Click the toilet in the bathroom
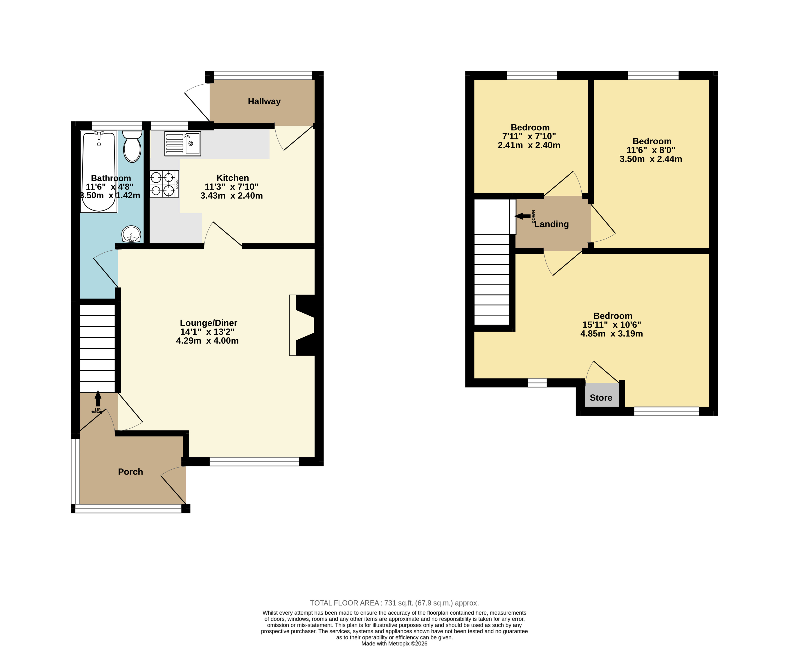click(x=132, y=146)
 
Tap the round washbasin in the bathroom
click(x=131, y=234)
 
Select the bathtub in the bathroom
click(x=99, y=171)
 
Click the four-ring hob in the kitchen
click(x=164, y=184)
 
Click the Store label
click(x=601, y=398)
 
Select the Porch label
click(x=130, y=471)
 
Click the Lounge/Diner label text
click(x=208, y=323)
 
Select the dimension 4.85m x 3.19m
click(x=611, y=334)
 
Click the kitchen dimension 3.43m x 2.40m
click(x=232, y=196)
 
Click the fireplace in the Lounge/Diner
click(x=302, y=325)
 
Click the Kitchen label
click(x=233, y=178)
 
